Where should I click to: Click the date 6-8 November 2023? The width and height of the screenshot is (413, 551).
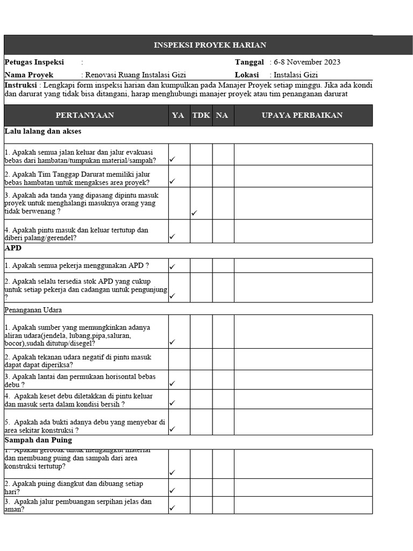pyautogui.click(x=307, y=62)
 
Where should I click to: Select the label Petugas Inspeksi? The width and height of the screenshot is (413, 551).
pyautogui.click(x=34, y=62)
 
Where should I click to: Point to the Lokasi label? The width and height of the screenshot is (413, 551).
pyautogui.click(x=247, y=75)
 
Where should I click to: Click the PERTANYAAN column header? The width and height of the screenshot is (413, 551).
pyautogui.click(x=85, y=116)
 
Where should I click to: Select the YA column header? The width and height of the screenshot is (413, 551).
pyautogui.click(x=178, y=116)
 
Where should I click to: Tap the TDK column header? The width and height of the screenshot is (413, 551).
pyautogui.click(x=201, y=116)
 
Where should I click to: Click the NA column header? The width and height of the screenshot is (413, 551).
pyautogui.click(x=222, y=116)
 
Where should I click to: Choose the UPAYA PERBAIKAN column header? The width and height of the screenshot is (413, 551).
pyautogui.click(x=302, y=116)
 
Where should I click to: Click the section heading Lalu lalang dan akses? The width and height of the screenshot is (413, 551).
pyautogui.click(x=43, y=131)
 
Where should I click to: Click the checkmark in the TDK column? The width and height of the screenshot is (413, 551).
pyautogui.click(x=194, y=214)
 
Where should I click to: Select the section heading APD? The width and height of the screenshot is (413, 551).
pyautogui.click(x=13, y=248)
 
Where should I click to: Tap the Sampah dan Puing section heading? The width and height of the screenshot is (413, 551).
pyautogui.click(x=38, y=440)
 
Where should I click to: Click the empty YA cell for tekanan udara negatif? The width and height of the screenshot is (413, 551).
pyautogui.click(x=179, y=359)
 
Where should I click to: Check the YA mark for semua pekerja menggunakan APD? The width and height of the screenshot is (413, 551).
pyautogui.click(x=173, y=266)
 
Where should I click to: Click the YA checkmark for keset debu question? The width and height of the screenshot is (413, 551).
pyautogui.click(x=173, y=403)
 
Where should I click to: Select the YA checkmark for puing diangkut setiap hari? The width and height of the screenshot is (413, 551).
pyautogui.click(x=173, y=491)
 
